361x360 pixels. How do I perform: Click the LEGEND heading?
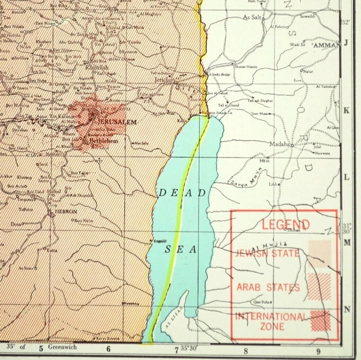click(285, 224)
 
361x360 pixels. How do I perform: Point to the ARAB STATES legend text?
click(268, 288)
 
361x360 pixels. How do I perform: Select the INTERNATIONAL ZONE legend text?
click(271, 321)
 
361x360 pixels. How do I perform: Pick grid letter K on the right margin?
click(346, 110)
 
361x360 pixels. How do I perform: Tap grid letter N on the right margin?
click(347, 308)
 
